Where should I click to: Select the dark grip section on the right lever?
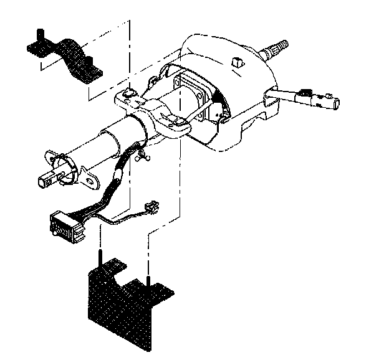click(306, 97)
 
